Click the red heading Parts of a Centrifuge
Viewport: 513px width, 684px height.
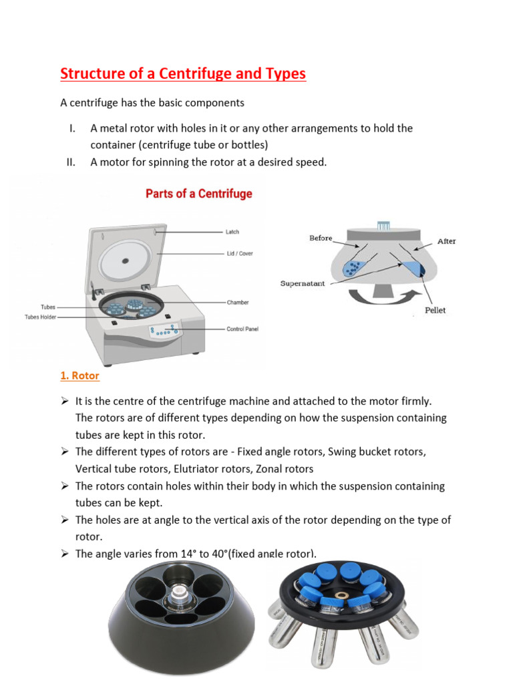pos(199,194)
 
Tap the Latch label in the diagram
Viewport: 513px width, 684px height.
pos(232,232)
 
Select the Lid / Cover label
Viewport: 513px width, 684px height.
pos(239,254)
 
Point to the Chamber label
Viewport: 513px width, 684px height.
pos(237,303)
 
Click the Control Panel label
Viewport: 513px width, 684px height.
pos(242,329)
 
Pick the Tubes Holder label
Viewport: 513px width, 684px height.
pos(41,317)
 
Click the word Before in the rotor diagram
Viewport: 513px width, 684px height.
pos(321,238)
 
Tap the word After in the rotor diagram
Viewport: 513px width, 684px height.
pos(446,241)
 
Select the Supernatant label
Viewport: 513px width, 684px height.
pos(303,283)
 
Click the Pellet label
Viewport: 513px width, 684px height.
pos(435,310)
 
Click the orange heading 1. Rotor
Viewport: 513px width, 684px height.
pos(79,375)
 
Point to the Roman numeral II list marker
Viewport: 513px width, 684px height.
pos(71,162)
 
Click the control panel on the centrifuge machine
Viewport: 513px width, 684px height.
pos(164,330)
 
